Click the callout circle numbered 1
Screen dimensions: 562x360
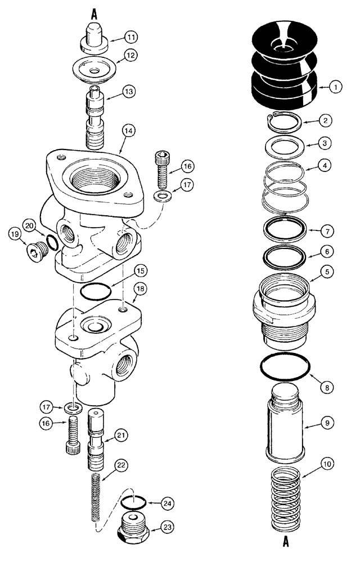click(x=336, y=88)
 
